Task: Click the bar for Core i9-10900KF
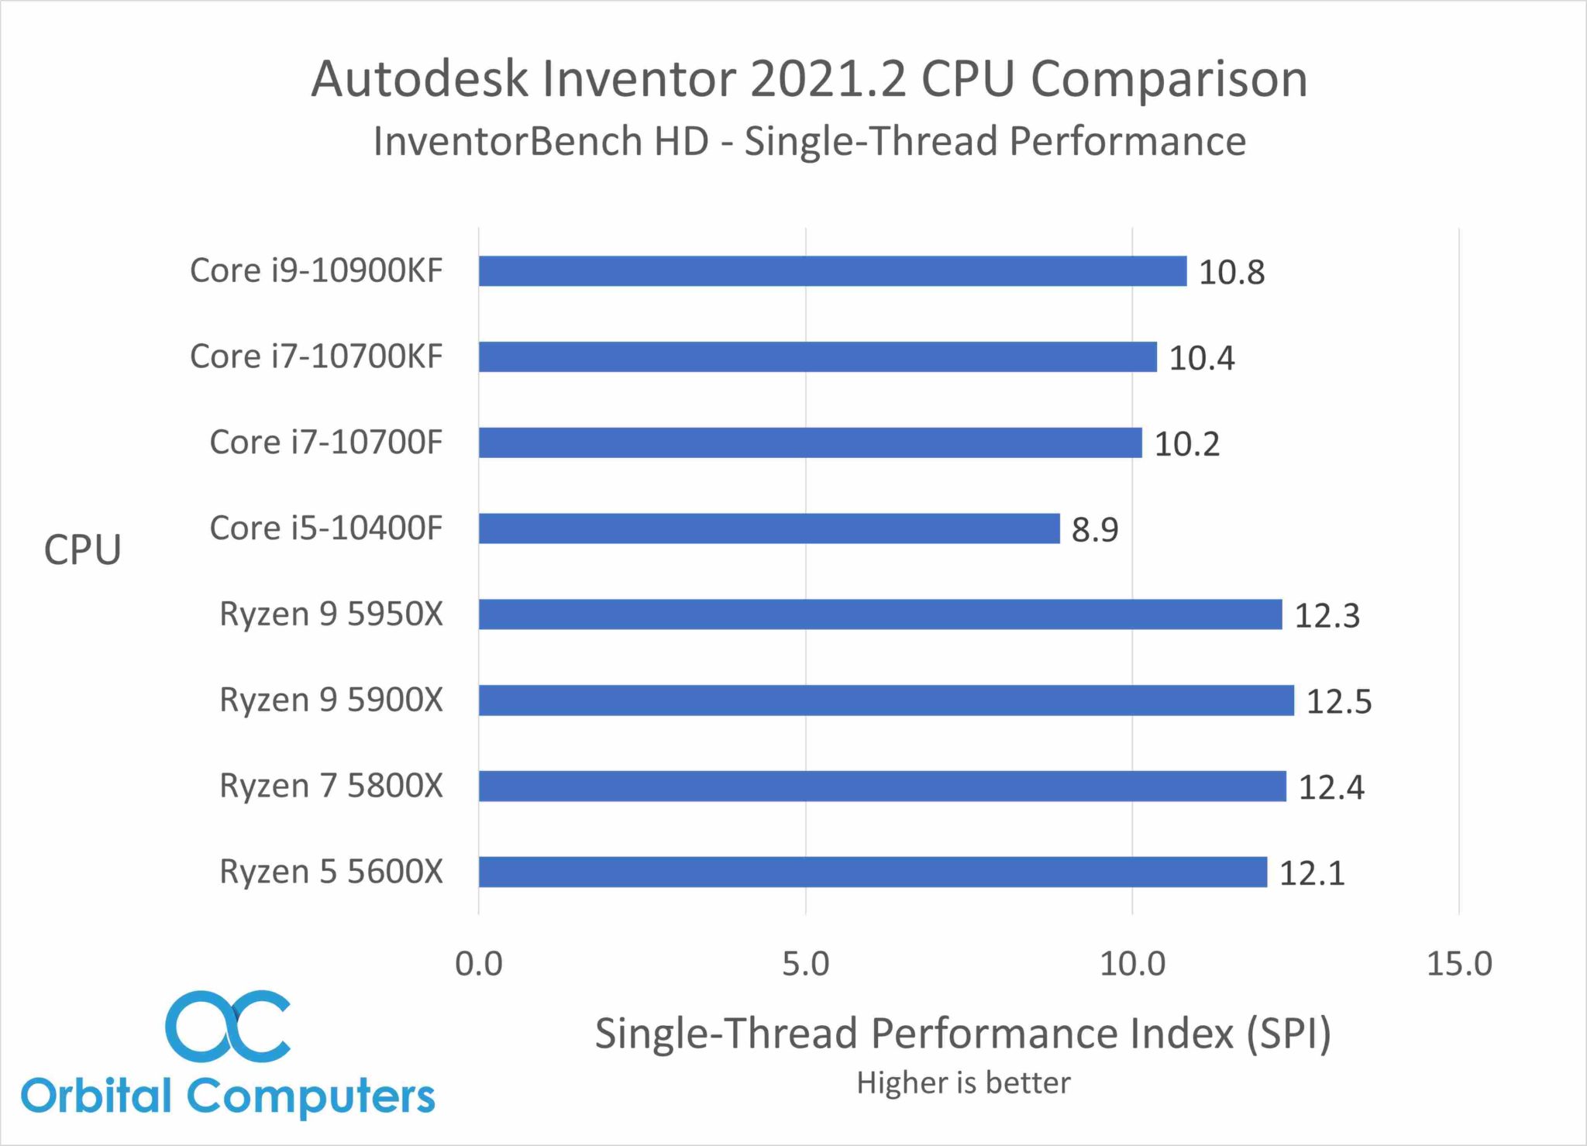[832, 271]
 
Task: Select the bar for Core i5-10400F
[769, 528]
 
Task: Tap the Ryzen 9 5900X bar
[886, 700]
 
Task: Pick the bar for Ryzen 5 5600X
[873, 872]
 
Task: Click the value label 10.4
[1201, 358]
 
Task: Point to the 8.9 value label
[1094, 530]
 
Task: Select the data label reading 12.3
[1327, 616]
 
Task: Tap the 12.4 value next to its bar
[1331, 787]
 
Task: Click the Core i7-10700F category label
[325, 442]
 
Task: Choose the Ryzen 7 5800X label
[331, 786]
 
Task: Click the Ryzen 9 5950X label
[331, 614]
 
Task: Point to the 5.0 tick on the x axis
[805, 964]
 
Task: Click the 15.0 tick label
[1458, 964]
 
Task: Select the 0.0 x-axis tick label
[478, 964]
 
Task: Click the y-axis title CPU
[82, 550]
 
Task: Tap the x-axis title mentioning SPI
[962, 1034]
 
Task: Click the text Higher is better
[963, 1082]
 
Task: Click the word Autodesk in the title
[419, 79]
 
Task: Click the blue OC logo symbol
[227, 1026]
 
